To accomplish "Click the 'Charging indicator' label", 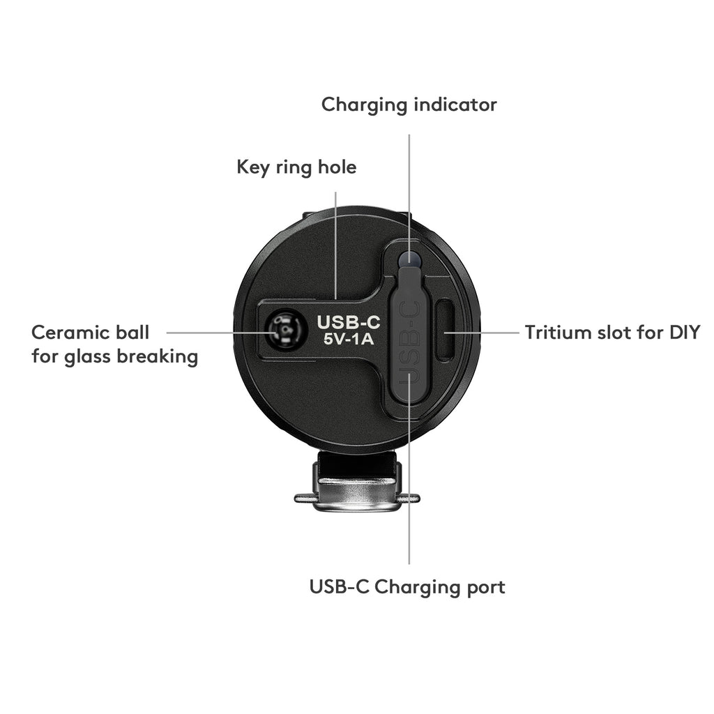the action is [x=409, y=105].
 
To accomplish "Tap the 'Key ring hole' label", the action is [x=296, y=167].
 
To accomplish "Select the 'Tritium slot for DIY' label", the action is [x=612, y=333].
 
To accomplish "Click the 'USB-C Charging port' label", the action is [x=407, y=587].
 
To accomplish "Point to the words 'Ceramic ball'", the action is [x=90, y=333].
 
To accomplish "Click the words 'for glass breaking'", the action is [x=115, y=356].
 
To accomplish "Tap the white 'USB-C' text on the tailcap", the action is [x=349, y=322].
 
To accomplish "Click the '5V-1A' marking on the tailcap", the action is [x=349, y=340].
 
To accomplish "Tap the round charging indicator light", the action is [x=409, y=259].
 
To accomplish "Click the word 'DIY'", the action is [x=685, y=333].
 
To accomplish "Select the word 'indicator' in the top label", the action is [x=455, y=105].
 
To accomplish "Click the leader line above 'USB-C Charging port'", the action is [x=409, y=469].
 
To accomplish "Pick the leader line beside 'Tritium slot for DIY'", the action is [x=482, y=333].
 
